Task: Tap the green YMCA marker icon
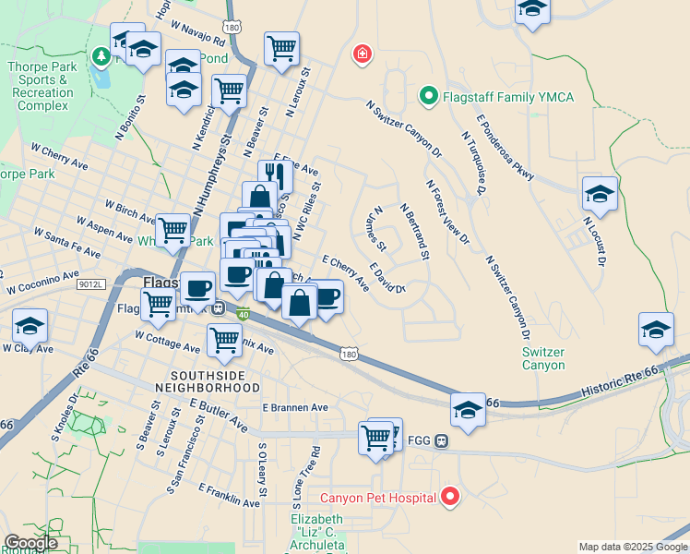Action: [x=428, y=94]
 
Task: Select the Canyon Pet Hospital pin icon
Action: [x=450, y=497]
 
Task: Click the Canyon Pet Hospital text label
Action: [x=378, y=498]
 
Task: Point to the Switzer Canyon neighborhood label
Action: [x=543, y=358]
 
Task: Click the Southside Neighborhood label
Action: [x=214, y=381]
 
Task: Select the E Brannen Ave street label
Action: [x=295, y=407]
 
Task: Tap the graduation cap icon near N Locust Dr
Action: [x=600, y=195]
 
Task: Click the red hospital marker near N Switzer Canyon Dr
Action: [x=363, y=54]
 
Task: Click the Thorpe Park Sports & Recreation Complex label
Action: [x=39, y=86]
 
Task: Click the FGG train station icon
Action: [x=442, y=440]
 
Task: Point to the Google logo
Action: [x=31, y=543]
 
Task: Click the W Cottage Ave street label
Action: [x=167, y=342]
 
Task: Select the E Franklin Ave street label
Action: [x=229, y=496]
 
